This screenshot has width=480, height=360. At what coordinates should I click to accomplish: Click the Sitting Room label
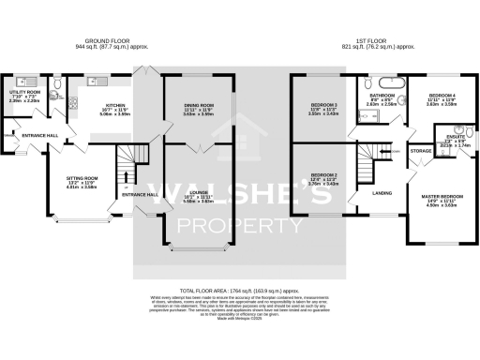coord(82,178)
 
